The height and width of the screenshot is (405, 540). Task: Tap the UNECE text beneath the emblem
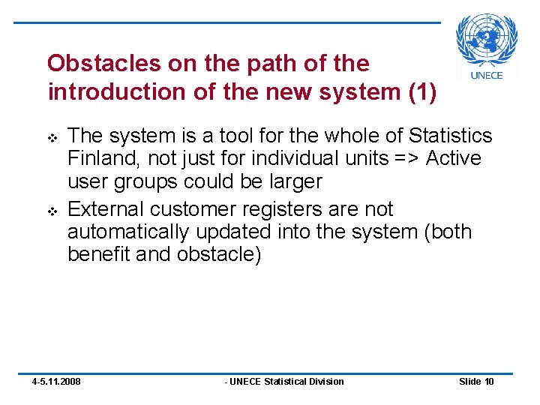[487, 74]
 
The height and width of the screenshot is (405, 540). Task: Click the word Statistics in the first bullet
[451, 136]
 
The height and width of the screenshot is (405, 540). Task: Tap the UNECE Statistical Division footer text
[285, 382]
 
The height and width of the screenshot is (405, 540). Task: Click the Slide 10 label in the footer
[476, 382]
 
